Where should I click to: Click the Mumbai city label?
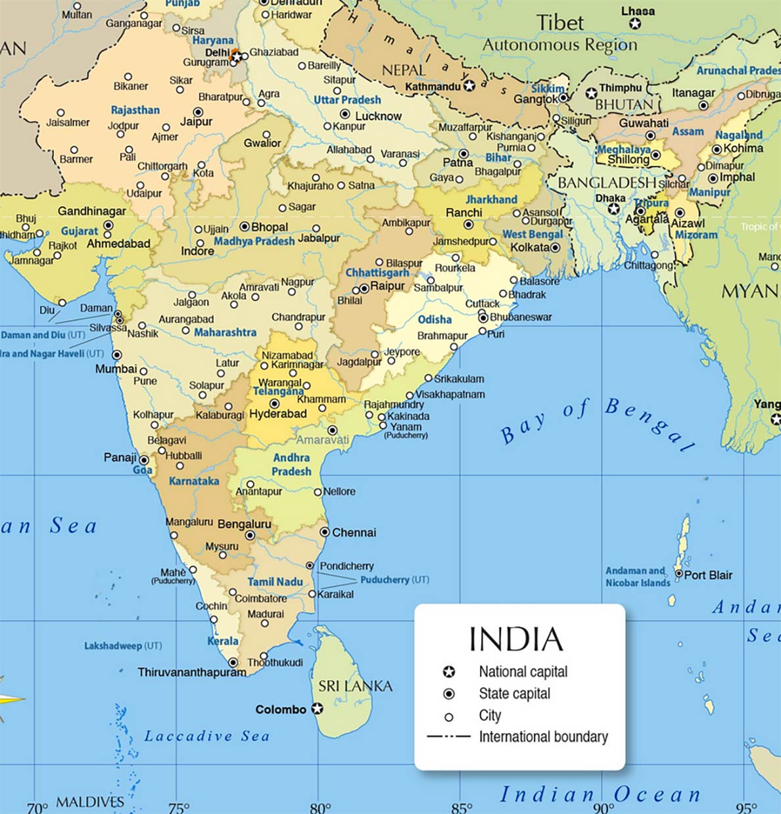click(116, 369)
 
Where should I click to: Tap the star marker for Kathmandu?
click(469, 86)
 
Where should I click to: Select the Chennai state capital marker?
click(325, 532)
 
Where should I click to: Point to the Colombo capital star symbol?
click(318, 708)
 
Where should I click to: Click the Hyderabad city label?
click(278, 414)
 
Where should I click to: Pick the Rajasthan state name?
click(135, 110)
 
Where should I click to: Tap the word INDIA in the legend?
click(516, 639)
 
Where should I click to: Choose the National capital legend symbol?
click(449, 671)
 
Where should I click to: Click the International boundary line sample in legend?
click(449, 736)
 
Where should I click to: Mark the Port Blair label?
click(708, 575)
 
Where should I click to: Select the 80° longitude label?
click(319, 806)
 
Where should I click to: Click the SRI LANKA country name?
click(355, 687)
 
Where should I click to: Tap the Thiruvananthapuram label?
click(192, 672)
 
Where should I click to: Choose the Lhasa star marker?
click(634, 24)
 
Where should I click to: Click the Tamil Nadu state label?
click(275, 581)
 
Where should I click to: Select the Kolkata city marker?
click(556, 248)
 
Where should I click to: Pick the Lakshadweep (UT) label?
click(123, 646)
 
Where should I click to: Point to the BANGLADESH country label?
click(606, 183)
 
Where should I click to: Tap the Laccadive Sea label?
click(207, 736)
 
